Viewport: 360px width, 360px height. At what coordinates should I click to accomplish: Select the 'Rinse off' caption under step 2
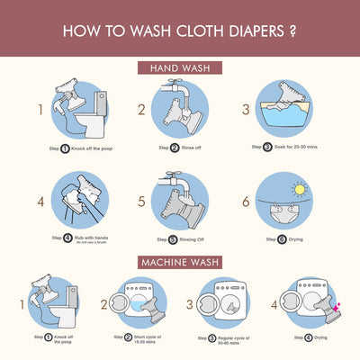coord(191,148)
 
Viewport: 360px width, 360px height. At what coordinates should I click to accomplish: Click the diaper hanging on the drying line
coord(275,210)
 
